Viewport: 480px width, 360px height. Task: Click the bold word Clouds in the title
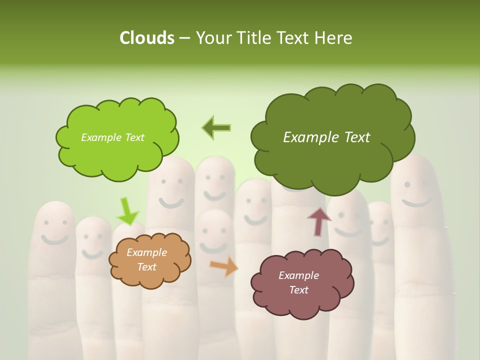(x=146, y=38)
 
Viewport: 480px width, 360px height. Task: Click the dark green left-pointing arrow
(x=216, y=128)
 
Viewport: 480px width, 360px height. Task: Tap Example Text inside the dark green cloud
(x=326, y=137)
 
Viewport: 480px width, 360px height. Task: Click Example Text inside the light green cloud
(x=112, y=137)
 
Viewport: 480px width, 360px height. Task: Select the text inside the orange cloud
(x=147, y=260)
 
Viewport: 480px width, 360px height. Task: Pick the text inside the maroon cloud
(x=298, y=282)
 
